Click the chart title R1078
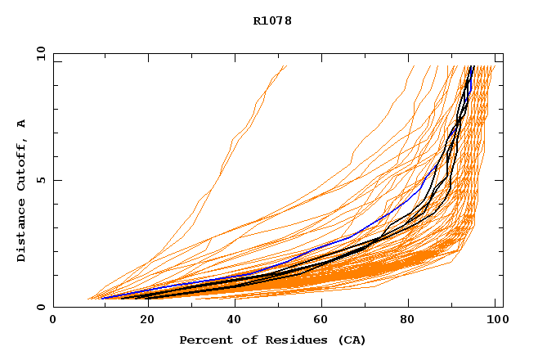tap(272, 20)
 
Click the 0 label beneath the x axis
tap(53, 320)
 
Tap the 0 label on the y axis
tap(40, 307)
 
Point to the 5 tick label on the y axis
tap(40, 180)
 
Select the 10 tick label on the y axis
tap(40, 53)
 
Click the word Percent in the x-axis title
tap(204, 340)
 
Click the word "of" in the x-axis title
tap(243, 340)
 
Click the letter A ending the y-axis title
tap(22, 124)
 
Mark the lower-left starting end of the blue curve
tap(102, 298)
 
